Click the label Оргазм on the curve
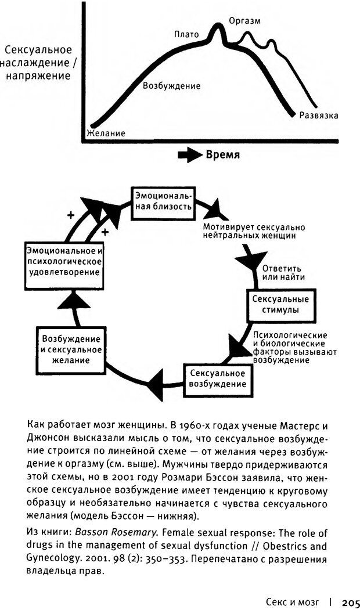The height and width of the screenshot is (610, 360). coord(244,21)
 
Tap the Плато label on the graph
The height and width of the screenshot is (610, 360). coord(186,35)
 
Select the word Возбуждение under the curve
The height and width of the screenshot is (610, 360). coord(171,86)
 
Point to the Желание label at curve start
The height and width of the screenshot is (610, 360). coord(106,133)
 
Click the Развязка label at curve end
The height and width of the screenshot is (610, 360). coord(319,115)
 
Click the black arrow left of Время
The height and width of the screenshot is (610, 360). coord(189,156)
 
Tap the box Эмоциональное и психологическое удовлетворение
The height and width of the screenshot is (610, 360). coord(64,261)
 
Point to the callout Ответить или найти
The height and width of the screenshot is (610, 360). coord(283,273)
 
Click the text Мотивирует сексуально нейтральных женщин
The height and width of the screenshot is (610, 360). coord(254,232)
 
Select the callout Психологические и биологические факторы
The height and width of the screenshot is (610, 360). coord(290,348)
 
